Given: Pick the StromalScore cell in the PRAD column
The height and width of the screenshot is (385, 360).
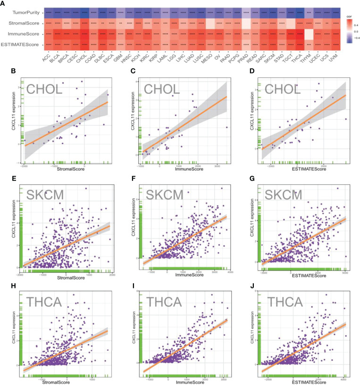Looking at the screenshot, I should click(x=244, y=22).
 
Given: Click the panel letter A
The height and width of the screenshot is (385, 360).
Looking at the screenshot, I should click(x=6, y=3).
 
